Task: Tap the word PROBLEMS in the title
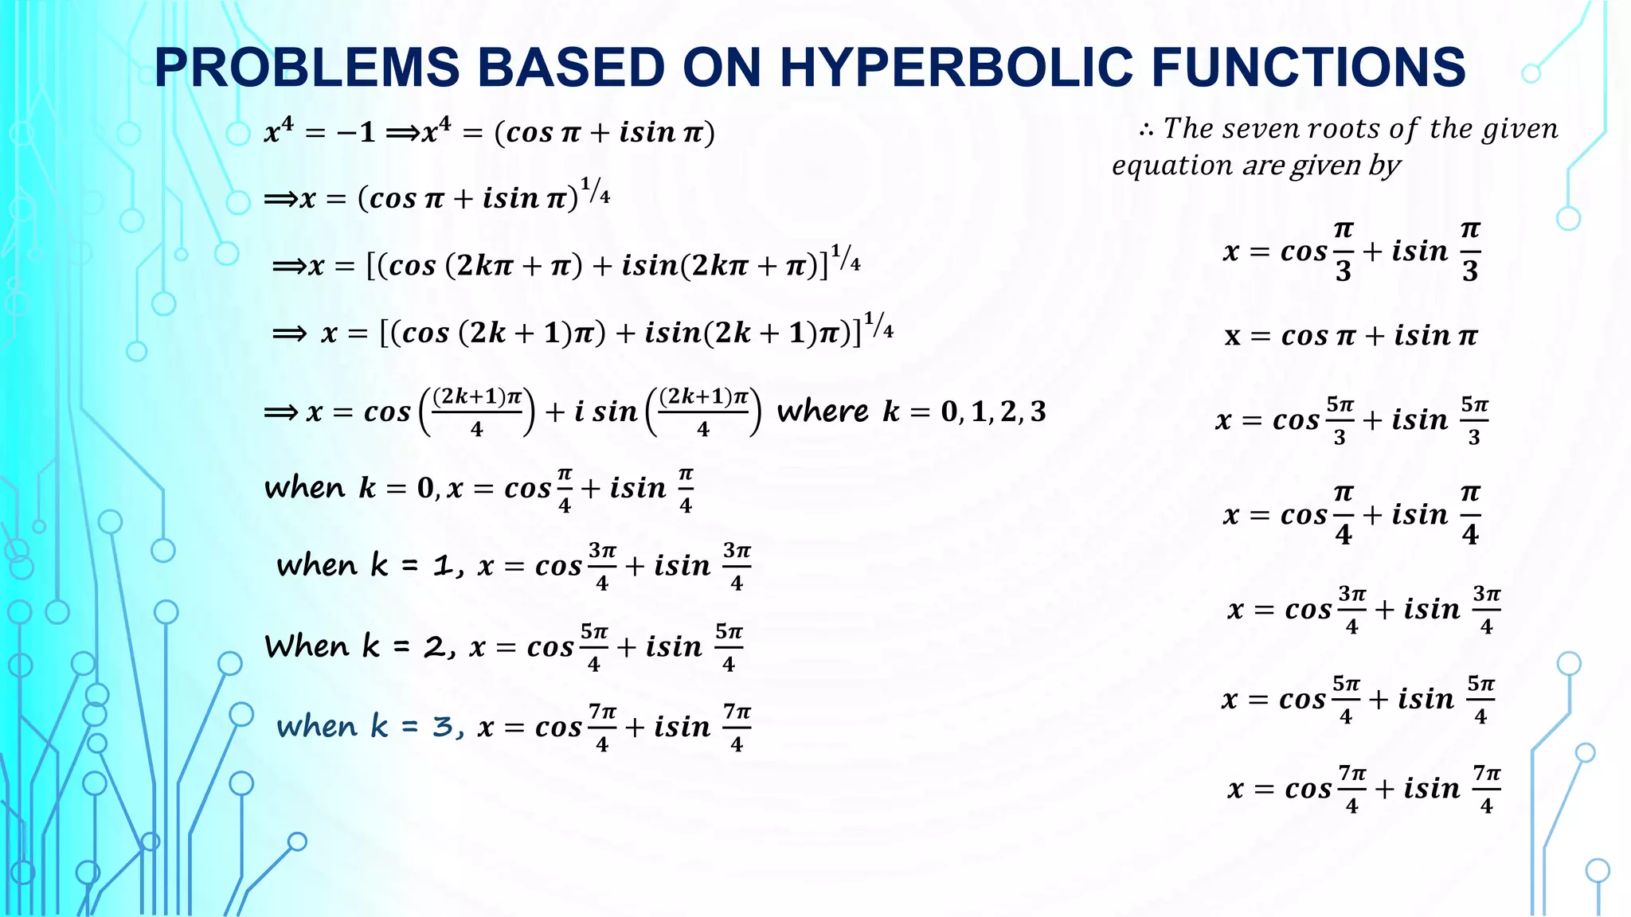point(307,67)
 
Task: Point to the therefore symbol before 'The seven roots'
point(1147,130)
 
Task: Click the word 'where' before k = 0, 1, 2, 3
point(823,412)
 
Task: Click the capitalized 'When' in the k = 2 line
point(307,646)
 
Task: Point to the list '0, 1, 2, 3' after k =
point(993,412)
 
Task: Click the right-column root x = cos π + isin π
point(1351,336)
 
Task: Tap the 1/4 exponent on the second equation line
point(595,190)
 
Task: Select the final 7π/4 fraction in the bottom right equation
point(1486,789)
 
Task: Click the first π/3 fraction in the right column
point(1344,252)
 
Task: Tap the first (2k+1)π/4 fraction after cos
point(476,412)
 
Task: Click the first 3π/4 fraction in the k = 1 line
point(602,566)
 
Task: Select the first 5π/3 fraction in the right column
point(1340,420)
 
